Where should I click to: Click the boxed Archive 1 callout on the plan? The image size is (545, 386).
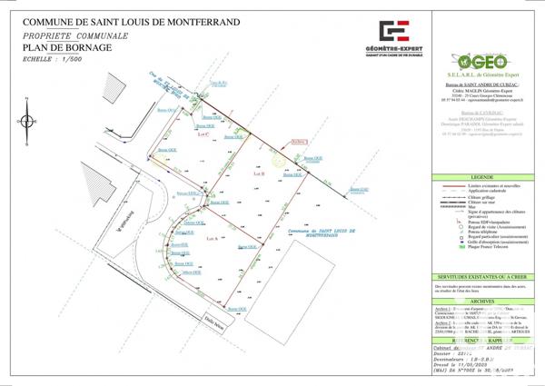pos(299,142)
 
